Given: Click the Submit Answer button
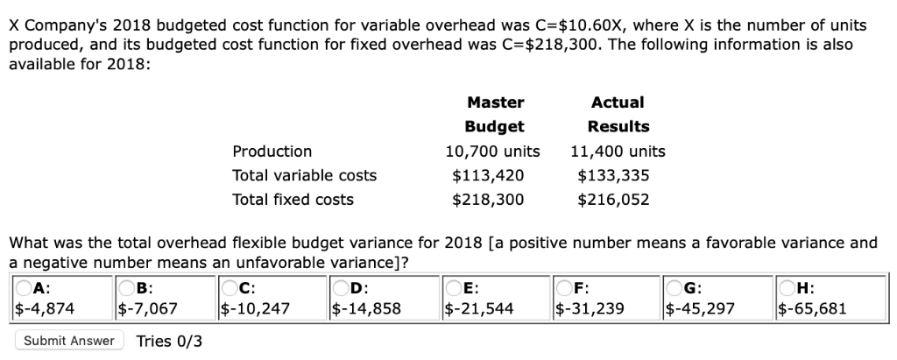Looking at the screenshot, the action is [69, 340].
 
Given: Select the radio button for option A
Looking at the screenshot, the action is [21, 289].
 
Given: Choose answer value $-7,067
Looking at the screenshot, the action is [148, 307].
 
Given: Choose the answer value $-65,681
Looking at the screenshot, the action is [811, 307].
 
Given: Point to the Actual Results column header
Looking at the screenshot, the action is [618, 114].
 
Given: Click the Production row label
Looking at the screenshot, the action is [272, 152].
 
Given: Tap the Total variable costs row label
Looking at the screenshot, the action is [304, 175].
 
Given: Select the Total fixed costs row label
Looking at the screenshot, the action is [293, 200].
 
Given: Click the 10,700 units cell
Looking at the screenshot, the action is [492, 152].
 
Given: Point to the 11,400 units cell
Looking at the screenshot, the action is [618, 152].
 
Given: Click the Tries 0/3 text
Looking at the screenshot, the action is [169, 340].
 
